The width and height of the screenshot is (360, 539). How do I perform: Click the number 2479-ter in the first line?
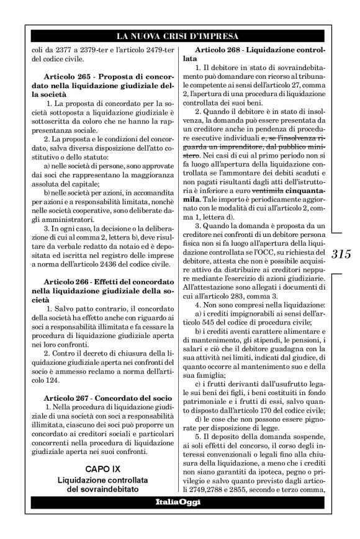[x=151, y=48]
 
